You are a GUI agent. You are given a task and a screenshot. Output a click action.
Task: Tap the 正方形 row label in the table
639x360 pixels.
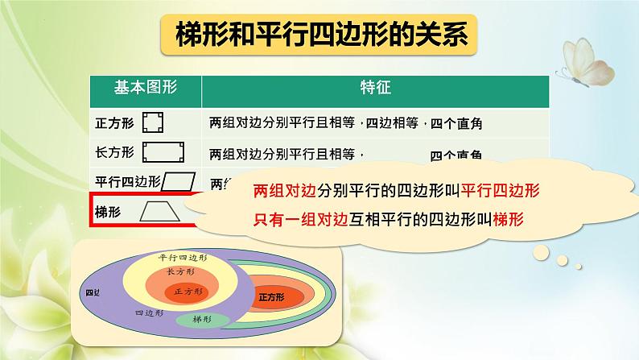112,123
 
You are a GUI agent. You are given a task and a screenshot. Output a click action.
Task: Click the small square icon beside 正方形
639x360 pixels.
152,122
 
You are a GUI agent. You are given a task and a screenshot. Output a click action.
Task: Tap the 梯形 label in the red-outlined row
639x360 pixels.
107,212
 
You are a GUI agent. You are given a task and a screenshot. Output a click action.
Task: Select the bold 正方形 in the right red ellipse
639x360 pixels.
272,296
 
